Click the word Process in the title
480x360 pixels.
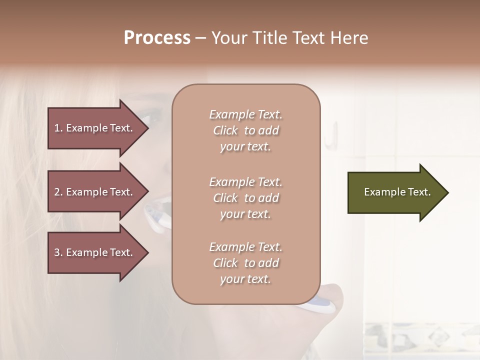157,38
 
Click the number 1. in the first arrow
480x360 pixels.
58,128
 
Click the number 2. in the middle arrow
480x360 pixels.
58,192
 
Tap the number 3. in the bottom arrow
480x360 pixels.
58,252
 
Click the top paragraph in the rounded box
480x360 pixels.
245,130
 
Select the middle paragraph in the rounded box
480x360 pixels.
245,198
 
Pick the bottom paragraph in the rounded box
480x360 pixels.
245,263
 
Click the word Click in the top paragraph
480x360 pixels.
225,130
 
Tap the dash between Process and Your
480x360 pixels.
201,38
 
